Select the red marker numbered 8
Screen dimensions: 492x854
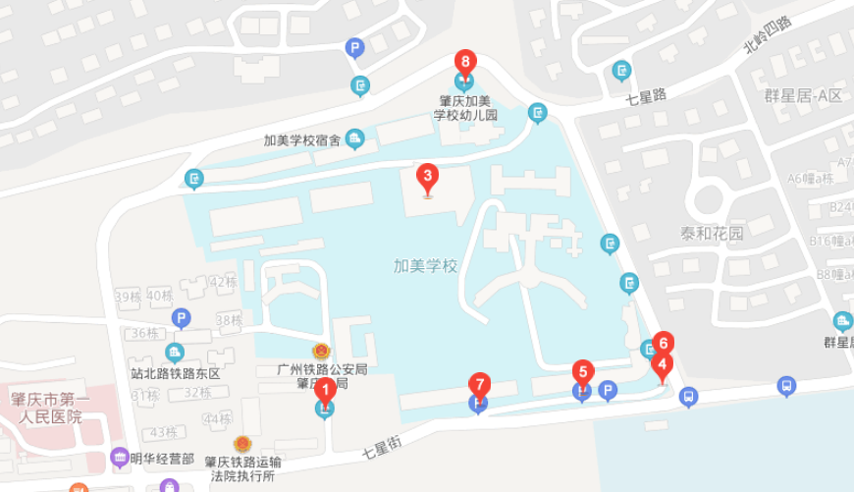click(x=465, y=62)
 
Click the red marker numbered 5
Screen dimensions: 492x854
click(x=583, y=372)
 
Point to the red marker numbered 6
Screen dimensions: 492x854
click(x=664, y=343)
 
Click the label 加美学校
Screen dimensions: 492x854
click(x=425, y=265)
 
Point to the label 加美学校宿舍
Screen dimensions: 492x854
click(x=301, y=140)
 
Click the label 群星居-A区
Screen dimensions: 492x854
click(x=803, y=95)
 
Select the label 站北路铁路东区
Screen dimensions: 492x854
click(x=176, y=373)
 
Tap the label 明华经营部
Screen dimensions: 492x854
click(x=160, y=458)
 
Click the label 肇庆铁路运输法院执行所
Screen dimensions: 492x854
click(x=241, y=468)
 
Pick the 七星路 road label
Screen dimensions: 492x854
click(x=646, y=96)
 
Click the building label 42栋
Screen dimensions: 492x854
click(x=224, y=282)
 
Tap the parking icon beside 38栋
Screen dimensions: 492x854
click(x=181, y=317)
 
